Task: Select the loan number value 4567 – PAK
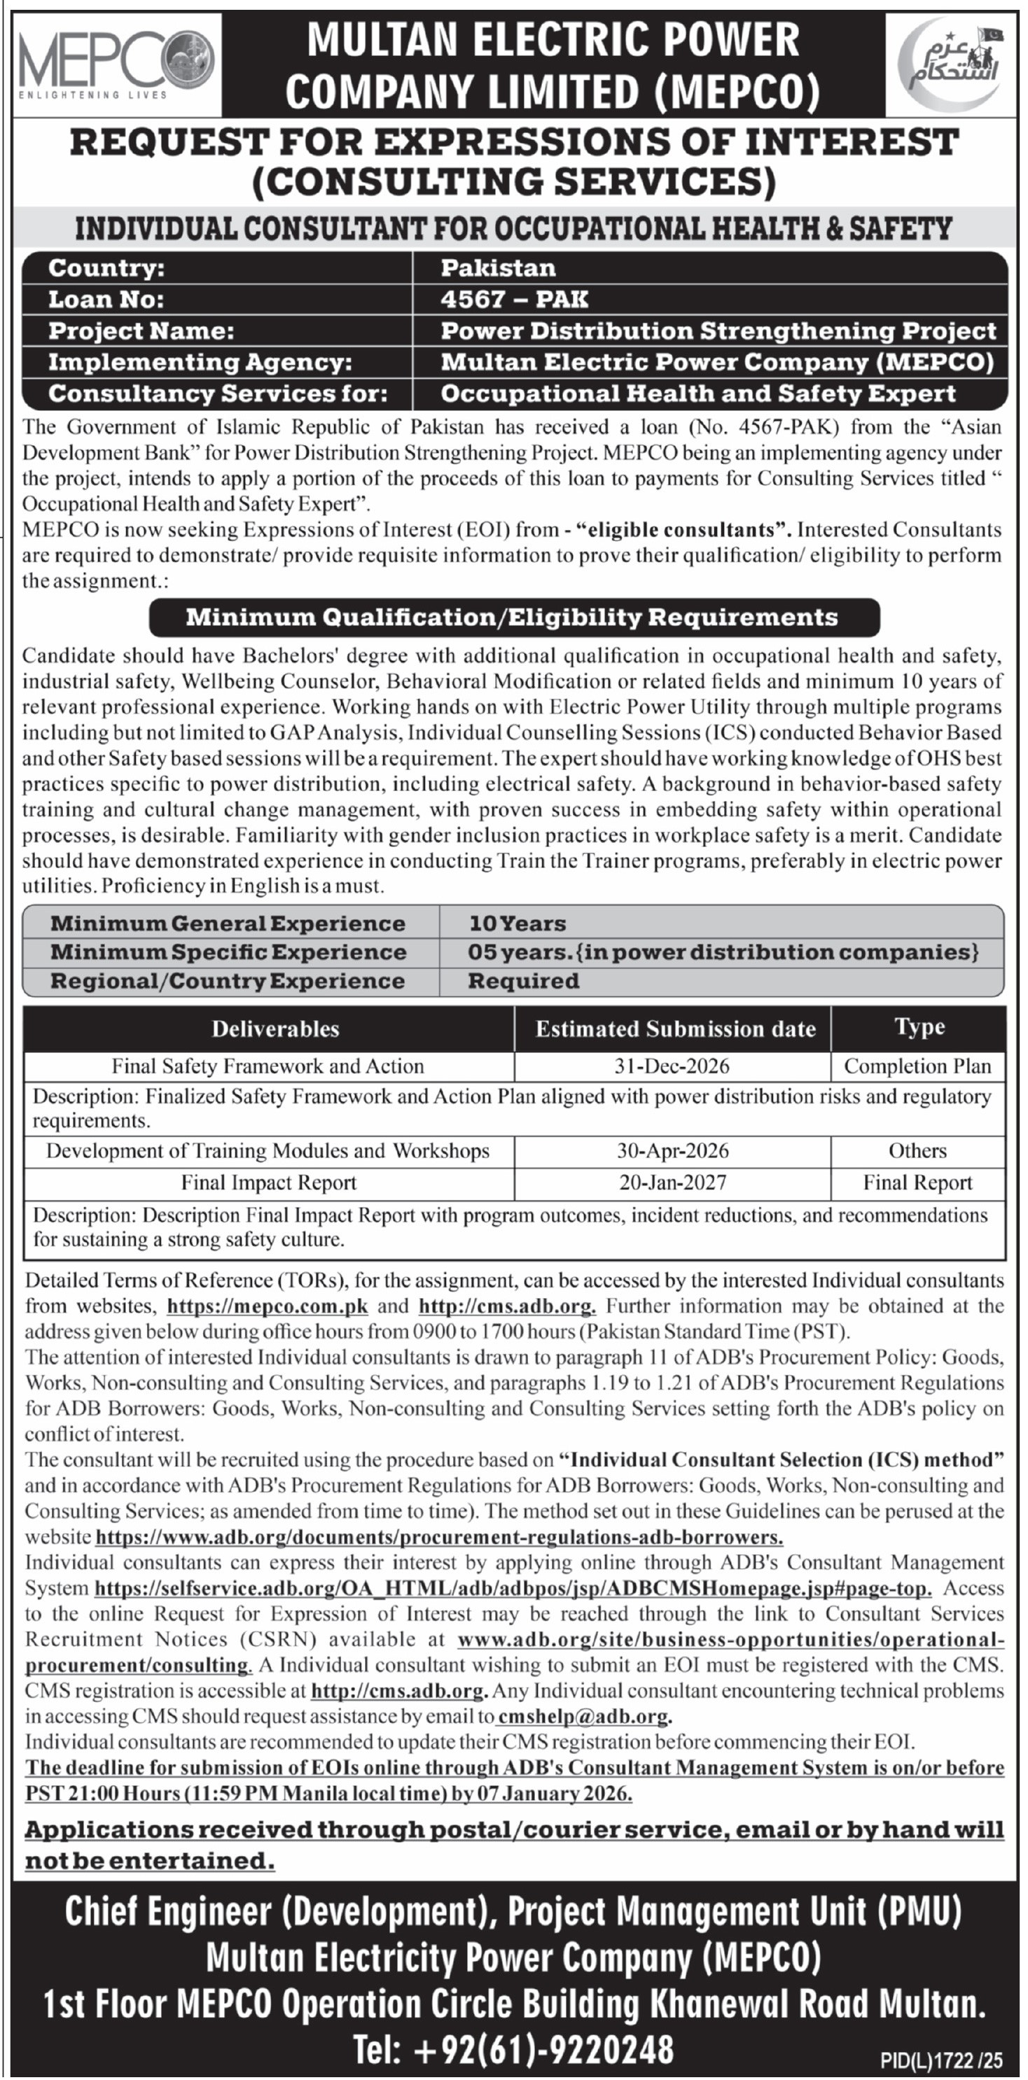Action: tap(515, 300)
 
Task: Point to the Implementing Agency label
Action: tap(200, 363)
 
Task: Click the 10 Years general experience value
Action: tap(518, 923)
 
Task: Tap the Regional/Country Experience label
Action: tap(227, 981)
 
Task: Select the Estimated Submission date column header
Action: tap(675, 1028)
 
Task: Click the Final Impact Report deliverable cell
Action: tap(269, 1183)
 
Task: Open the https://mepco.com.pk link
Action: tap(268, 1306)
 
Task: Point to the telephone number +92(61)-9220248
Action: tap(513, 2049)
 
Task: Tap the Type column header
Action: tap(919, 1027)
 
